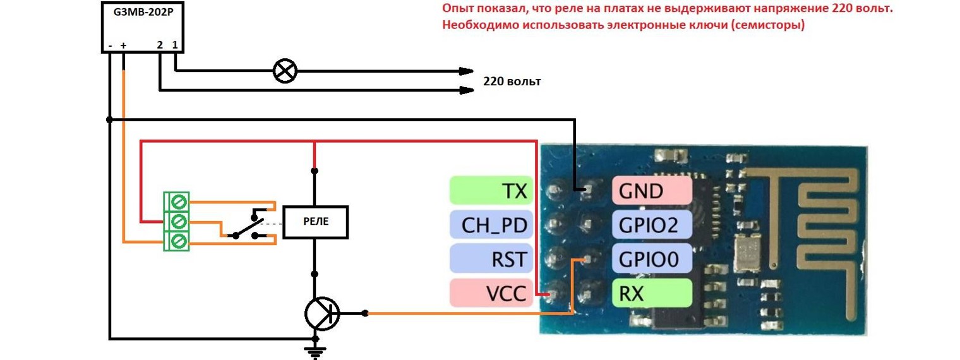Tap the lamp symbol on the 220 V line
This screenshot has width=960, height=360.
point(284,71)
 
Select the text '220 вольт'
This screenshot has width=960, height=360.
point(512,81)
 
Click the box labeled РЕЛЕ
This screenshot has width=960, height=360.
point(315,222)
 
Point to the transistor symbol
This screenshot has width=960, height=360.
point(321,313)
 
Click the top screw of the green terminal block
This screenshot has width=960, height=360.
point(179,202)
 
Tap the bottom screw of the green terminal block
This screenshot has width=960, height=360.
point(179,241)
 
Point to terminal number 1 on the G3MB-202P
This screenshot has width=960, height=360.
point(175,45)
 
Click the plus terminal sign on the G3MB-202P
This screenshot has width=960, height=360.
point(123,46)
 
